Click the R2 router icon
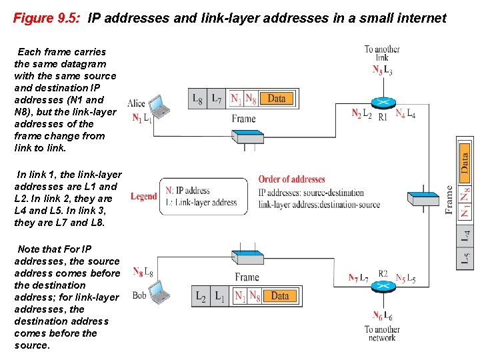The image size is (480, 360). tap(383, 286)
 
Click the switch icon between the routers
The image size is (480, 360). tap(425, 198)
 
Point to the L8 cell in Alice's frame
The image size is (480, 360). tap(198, 99)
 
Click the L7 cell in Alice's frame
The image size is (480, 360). tap(217, 99)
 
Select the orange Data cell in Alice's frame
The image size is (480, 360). tap(276, 99)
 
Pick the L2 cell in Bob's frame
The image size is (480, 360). tap(201, 296)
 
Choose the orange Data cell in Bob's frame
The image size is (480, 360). tap(280, 296)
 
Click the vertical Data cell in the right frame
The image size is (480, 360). tap(465, 161)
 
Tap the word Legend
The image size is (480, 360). tap(144, 197)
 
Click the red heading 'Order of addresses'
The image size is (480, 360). tap(292, 179)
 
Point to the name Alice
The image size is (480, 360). tap(136, 103)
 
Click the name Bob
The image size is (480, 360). tap(139, 295)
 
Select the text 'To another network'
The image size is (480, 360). tap(382, 333)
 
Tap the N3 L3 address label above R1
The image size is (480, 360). tap(382, 70)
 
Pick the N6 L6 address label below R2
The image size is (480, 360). tap(383, 316)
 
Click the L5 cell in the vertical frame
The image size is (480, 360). tap(465, 257)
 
